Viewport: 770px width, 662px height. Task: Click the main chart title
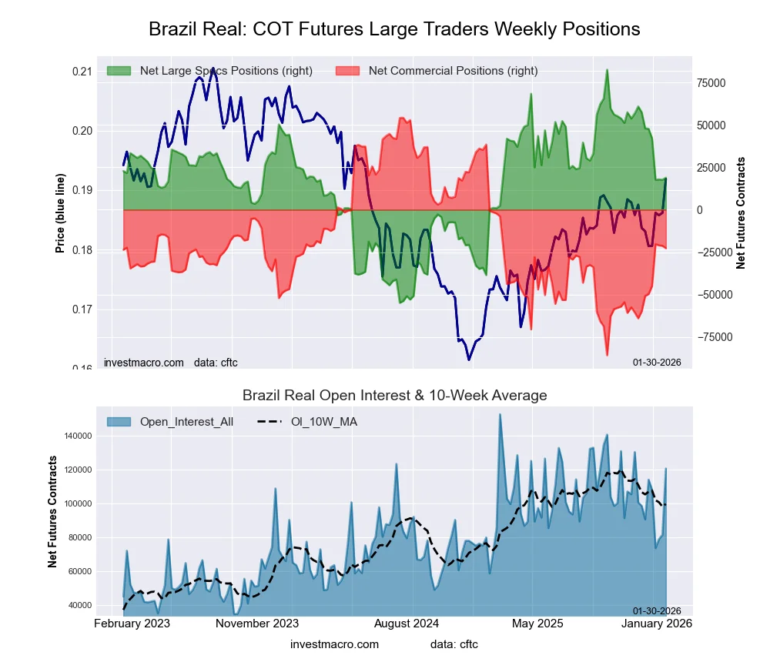(x=394, y=29)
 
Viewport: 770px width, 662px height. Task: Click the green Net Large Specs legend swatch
(x=119, y=71)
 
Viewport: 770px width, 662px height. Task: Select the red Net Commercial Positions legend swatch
(x=347, y=71)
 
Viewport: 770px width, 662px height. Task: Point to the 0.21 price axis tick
(x=82, y=72)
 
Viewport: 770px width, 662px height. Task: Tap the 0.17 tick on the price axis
(x=82, y=309)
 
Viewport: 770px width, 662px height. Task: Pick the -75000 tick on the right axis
(x=715, y=337)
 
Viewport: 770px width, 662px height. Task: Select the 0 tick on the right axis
(x=701, y=210)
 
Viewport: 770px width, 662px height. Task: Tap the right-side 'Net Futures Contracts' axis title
(x=742, y=212)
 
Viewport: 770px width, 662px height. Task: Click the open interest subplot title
(x=394, y=396)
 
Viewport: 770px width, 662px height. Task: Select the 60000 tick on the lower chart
(x=78, y=571)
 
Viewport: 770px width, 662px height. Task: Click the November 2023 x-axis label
(x=257, y=623)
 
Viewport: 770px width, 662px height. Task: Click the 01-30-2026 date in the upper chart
(x=657, y=362)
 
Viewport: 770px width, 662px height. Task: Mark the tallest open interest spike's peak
(x=500, y=414)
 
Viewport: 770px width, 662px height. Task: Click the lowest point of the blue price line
(x=468, y=359)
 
